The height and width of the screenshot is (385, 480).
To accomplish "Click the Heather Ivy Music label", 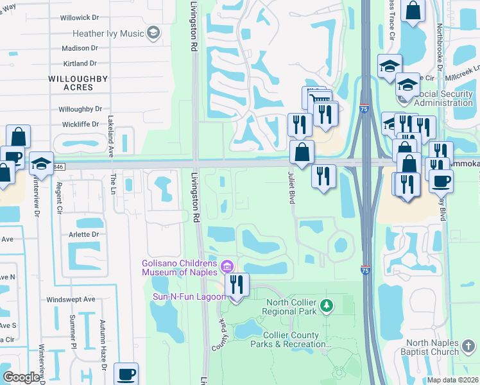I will tap(107, 33).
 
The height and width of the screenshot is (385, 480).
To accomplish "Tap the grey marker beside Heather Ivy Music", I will tap(153, 33).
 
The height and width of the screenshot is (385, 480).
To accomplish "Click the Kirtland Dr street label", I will tap(80, 64).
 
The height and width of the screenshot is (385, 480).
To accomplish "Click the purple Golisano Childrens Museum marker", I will tap(226, 266).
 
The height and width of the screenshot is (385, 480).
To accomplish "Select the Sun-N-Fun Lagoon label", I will tap(188, 296).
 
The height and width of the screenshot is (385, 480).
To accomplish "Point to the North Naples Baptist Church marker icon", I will tap(469, 347).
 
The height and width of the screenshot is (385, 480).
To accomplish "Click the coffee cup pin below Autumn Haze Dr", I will tap(126, 374).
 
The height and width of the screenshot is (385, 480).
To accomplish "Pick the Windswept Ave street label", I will tap(71, 299).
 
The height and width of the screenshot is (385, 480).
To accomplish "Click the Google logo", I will tap(21, 377).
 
